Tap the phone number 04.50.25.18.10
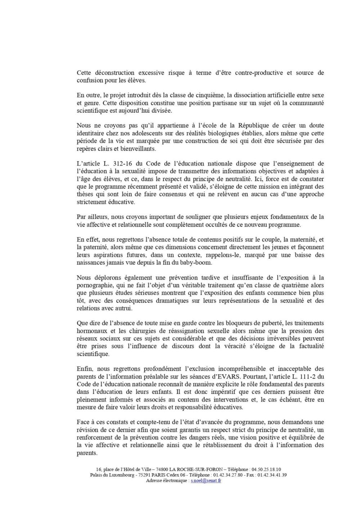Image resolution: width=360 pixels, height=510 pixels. pos(266,469)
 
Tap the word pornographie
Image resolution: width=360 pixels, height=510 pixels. pos(93,285)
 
